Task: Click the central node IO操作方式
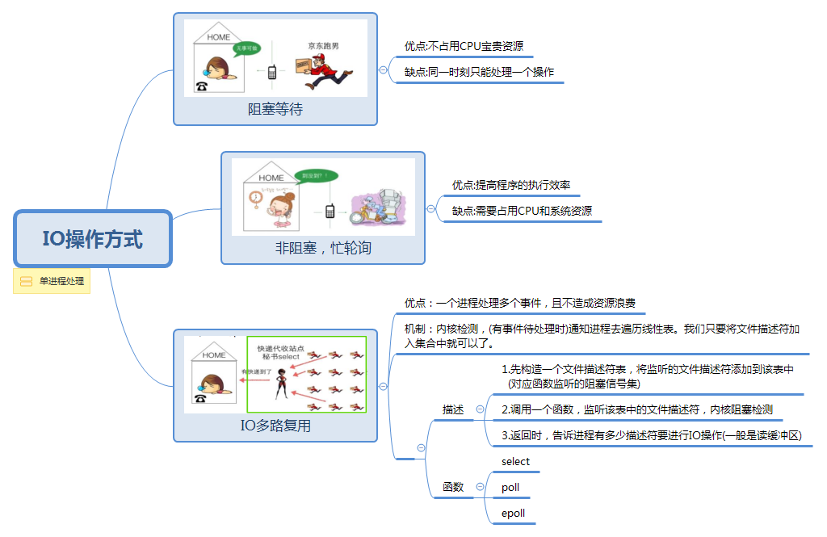tap(92, 239)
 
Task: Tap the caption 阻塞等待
tap(275, 109)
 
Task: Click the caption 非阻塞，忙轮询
tap(322, 248)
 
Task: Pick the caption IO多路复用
tap(275, 426)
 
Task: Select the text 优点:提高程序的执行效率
tap(511, 185)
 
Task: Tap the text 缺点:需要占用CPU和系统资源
tap(522, 211)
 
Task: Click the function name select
tap(515, 461)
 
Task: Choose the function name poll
tap(510, 487)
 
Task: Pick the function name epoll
tap(513, 513)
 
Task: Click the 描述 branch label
tap(453, 409)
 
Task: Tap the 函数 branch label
tap(453, 487)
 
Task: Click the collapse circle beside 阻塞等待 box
tap(383, 69)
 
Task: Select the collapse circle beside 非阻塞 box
tap(430, 208)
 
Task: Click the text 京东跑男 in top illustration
tap(323, 45)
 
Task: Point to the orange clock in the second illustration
tap(255, 196)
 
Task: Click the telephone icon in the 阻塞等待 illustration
tap(200, 86)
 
